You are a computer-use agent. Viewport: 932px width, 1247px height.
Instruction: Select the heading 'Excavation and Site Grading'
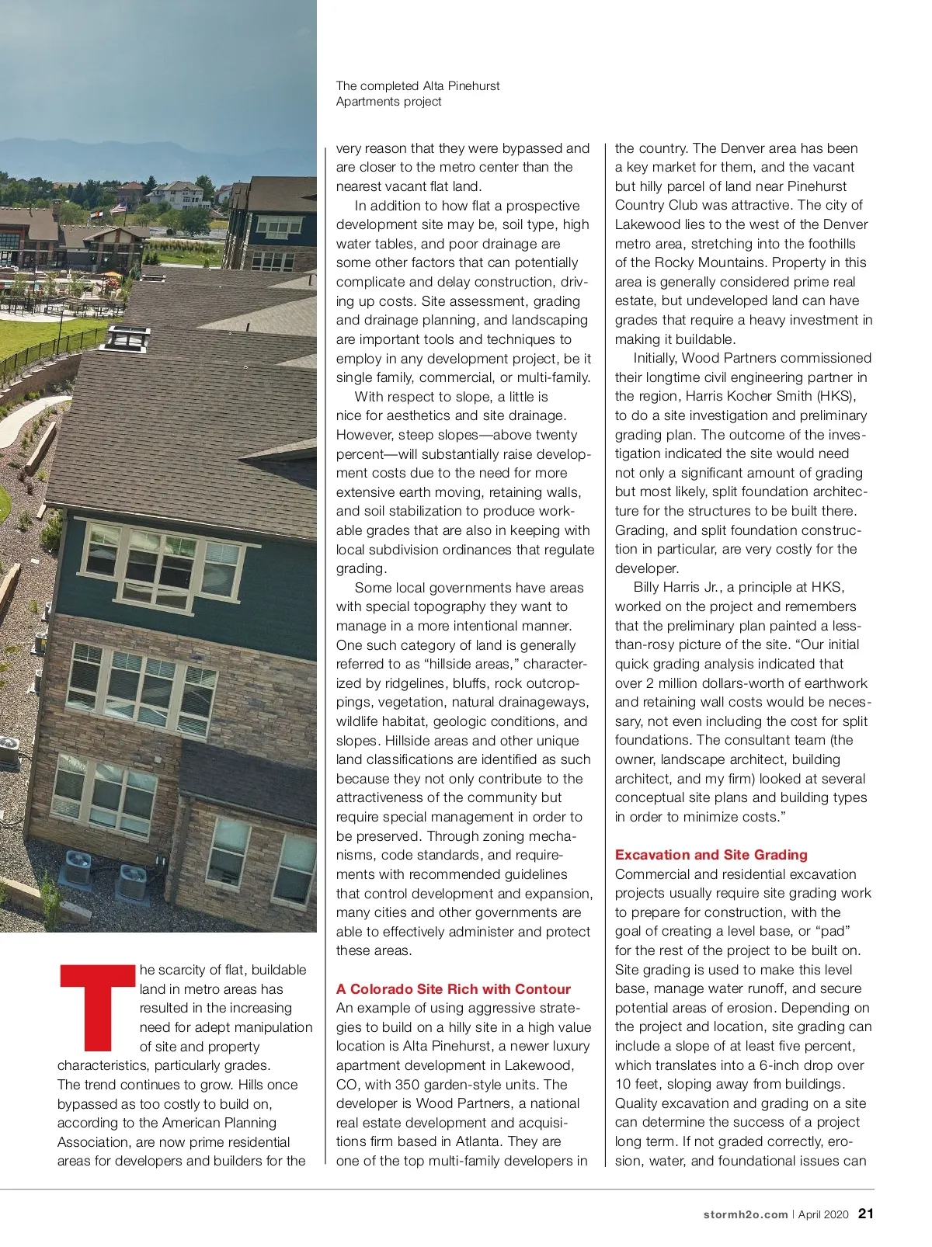[x=711, y=855]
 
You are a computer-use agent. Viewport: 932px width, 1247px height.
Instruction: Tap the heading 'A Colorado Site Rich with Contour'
[x=453, y=989]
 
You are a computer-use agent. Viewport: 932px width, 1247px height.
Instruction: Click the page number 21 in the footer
[x=866, y=1214]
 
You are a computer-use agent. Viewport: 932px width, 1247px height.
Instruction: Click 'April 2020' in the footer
[x=823, y=1214]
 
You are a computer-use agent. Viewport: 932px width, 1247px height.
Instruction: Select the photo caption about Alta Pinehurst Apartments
[x=417, y=94]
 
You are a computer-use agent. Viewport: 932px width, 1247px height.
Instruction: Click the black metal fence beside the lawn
[x=47, y=349]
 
